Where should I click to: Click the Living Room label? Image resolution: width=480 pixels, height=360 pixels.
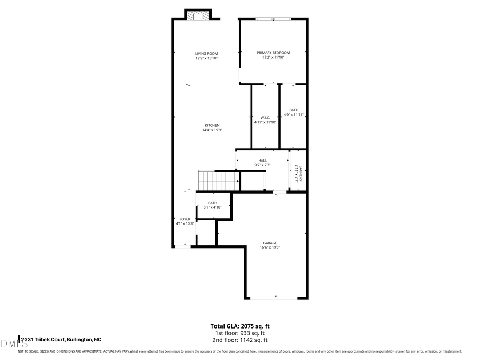point(206,53)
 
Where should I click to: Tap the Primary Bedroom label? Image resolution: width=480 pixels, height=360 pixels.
point(273,53)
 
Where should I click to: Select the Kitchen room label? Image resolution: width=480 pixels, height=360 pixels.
point(212,125)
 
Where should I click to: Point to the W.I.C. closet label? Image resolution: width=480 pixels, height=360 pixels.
point(265,117)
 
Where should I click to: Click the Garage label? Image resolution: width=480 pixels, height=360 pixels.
point(269,243)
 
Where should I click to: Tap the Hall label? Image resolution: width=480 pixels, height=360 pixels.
point(262,161)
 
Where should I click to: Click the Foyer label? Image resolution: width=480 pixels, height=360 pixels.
point(185,219)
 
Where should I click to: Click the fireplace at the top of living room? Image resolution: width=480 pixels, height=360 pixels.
point(198,16)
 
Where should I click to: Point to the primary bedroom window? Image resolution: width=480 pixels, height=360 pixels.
point(273,20)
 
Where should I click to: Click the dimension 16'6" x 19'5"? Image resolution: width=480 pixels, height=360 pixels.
point(270,247)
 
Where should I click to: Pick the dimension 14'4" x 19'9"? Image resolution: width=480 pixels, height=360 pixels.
point(212,130)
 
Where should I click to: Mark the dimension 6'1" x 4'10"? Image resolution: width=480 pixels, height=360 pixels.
point(212,207)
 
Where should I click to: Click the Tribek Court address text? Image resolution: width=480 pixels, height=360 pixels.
point(60,339)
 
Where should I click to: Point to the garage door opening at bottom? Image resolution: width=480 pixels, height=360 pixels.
point(275,297)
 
